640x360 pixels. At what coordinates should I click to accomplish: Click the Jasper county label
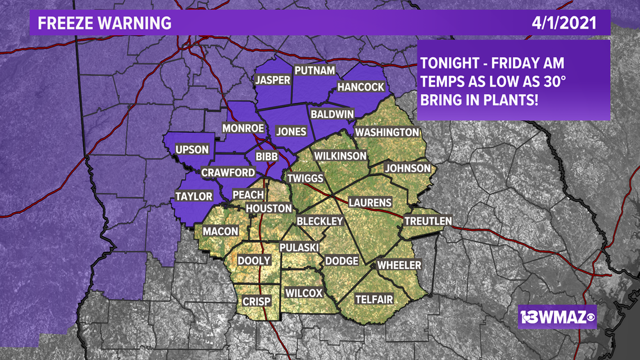273,80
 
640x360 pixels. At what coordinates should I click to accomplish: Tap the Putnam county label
314,70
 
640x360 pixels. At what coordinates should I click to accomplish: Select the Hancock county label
360,87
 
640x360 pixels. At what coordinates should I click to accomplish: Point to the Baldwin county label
332,114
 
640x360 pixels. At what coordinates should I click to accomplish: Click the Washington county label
387,132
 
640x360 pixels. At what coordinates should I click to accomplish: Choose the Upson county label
192,149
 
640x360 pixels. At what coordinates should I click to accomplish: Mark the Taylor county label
194,196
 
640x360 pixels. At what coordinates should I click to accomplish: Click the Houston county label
269,208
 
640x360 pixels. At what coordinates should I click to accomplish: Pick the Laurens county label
370,202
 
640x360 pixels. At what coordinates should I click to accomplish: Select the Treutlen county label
428,221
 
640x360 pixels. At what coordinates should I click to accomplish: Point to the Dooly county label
254,261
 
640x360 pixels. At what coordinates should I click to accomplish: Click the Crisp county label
257,302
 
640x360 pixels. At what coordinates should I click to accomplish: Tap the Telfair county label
374,300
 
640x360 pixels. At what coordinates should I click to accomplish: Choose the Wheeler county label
399,265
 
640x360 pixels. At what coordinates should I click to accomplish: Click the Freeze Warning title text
104,23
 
